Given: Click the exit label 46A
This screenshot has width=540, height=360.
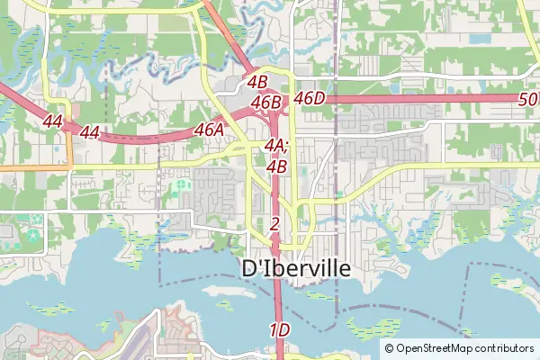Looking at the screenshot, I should pos(209,130).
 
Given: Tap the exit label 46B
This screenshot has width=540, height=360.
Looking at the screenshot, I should pos(266,103).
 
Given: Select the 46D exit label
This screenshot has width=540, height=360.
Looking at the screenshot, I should pos(309,97).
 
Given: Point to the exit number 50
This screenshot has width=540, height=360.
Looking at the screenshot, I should pos(528,99).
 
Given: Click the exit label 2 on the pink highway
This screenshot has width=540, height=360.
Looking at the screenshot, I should pos(274,223).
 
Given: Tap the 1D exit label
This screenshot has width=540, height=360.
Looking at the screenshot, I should pos(279,330).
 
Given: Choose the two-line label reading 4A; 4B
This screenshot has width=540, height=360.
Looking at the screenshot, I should pos(276,155).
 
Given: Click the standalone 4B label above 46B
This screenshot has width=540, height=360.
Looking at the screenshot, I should pos(257,82).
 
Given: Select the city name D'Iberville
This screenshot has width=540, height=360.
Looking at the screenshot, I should pos(296,269).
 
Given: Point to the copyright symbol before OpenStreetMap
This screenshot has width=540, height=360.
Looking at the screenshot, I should pos(389,348).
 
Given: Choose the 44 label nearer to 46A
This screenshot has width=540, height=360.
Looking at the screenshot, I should pos(89,132).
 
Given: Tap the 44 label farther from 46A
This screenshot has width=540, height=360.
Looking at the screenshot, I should pos(52,121).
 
